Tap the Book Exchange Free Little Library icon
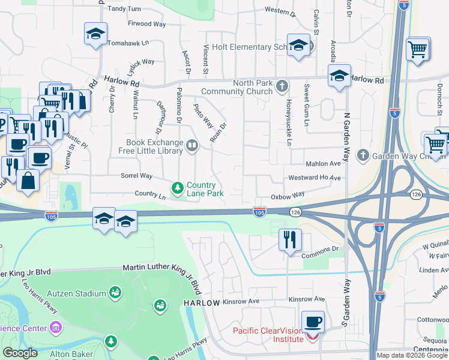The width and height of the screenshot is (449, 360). pos(192,145)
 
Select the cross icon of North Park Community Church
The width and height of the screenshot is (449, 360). pos(281,87)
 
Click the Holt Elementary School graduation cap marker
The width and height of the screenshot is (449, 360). pos(298,46)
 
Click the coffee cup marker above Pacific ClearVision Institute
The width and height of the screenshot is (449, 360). pos(313,322)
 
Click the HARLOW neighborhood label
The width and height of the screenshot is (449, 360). pos(202,303)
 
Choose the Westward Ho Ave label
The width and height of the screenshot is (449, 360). pos(314,178)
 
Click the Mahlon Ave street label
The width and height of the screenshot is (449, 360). pos(322,163)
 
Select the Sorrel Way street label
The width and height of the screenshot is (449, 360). pos(137,176)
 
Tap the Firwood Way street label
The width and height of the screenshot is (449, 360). pos(146,24)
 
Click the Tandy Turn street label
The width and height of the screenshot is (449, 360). pos(124,9)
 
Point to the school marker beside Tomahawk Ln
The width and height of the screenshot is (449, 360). pos(95,34)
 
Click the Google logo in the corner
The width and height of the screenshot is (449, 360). pos(19,353)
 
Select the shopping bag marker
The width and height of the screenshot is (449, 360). pos(28,180)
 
